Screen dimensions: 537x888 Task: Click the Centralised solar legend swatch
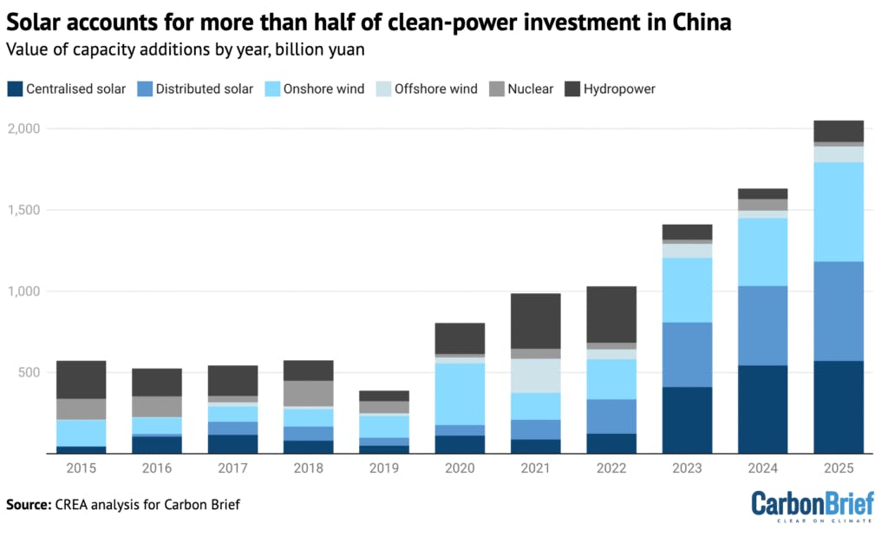(14, 88)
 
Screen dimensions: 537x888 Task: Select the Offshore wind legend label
(435, 88)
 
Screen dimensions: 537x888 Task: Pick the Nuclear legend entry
(530, 88)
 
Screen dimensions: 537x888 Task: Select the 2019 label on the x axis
(383, 468)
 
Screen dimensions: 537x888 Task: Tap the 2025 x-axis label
(838, 468)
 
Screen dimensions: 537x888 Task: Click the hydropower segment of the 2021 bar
(535, 321)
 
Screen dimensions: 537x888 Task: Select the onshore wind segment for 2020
(460, 394)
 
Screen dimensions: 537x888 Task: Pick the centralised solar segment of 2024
(762, 409)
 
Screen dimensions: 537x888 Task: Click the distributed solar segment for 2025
(838, 311)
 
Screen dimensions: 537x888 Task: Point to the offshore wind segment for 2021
(535, 376)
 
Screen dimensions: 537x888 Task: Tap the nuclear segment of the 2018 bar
(308, 393)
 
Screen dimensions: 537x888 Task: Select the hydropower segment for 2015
(81, 380)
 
